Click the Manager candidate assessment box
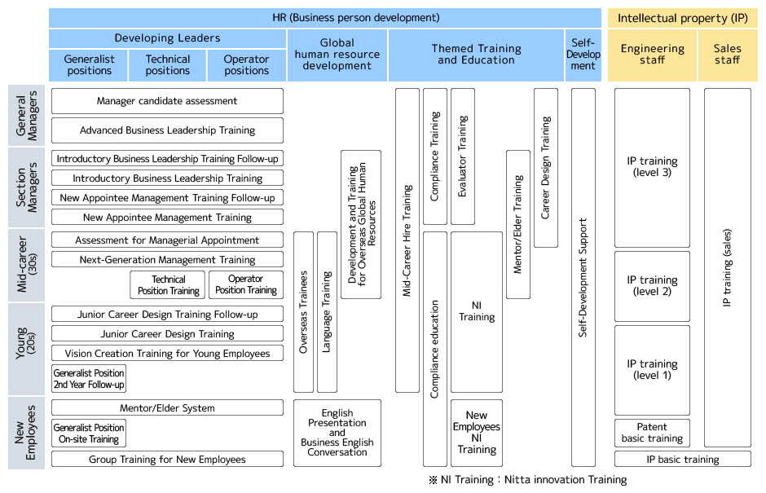[167, 101]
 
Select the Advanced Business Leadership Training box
[167, 130]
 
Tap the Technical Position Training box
[168, 285]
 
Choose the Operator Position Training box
[246, 285]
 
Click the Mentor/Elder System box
[167, 408]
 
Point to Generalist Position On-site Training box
[89, 434]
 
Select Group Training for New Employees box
[167, 460]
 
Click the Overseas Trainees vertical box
[303, 312]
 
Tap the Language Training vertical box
[327, 312]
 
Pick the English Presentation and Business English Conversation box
[337, 433]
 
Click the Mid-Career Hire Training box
[407, 240]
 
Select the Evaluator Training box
[462, 156]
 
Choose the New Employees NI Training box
[477, 433]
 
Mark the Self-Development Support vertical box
[583, 277]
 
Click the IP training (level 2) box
[652, 286]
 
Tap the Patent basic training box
[652, 433]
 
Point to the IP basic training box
[683, 460]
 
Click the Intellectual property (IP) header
[683, 18]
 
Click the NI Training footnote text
[528, 480]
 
